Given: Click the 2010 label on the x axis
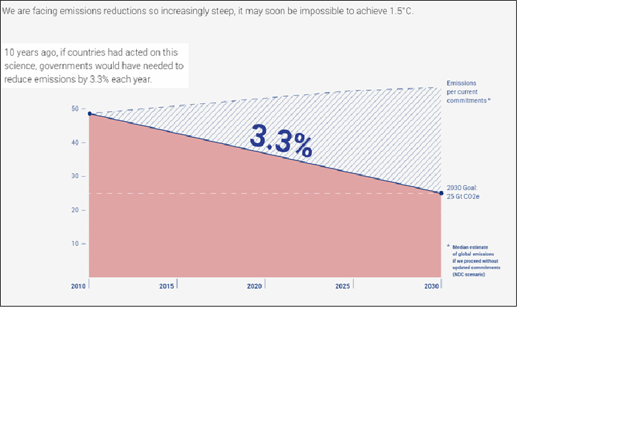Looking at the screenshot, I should (80, 287).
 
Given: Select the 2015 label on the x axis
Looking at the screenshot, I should (167, 287).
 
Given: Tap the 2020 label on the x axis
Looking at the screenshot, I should (255, 287).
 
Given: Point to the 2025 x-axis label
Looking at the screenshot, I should (342, 287).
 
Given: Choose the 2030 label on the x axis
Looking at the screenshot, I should (432, 287).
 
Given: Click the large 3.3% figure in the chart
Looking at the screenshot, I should (281, 140).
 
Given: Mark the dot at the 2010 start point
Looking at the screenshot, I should (90, 114).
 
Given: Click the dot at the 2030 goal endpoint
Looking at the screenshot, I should (441, 193).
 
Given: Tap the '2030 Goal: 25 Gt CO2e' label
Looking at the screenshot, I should (461, 191).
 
